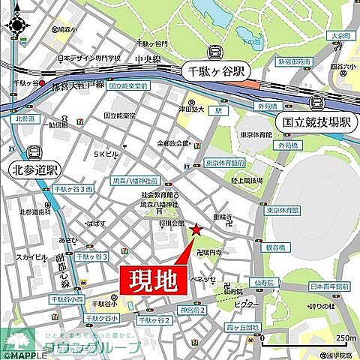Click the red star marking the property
[196, 230]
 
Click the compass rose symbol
[16, 25]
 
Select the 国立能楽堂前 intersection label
[128, 87]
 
